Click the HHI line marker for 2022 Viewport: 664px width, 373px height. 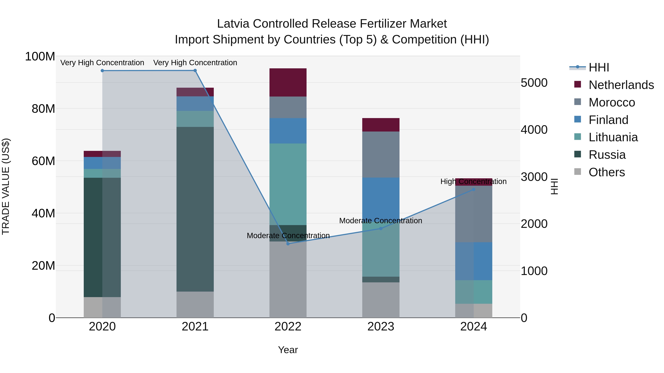coord(288,244)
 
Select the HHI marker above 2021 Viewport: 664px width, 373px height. coord(195,71)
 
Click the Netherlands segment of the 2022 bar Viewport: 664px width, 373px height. coord(288,82)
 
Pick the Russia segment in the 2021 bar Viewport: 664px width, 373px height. coord(195,209)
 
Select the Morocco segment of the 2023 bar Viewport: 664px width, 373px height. coord(381,155)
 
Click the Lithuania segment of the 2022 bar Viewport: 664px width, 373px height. coord(288,184)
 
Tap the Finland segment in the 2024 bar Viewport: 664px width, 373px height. coord(473,261)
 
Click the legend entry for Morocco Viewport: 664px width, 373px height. coord(612,102)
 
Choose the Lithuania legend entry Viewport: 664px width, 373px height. coord(613,137)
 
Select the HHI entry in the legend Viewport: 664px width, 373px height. coord(599,67)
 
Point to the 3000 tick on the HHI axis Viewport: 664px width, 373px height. coord(534,177)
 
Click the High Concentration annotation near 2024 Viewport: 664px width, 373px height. coord(473,181)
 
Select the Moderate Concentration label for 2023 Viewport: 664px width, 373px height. coord(381,221)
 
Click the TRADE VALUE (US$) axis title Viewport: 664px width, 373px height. coord(6,186)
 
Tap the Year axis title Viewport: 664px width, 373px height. coord(288,350)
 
